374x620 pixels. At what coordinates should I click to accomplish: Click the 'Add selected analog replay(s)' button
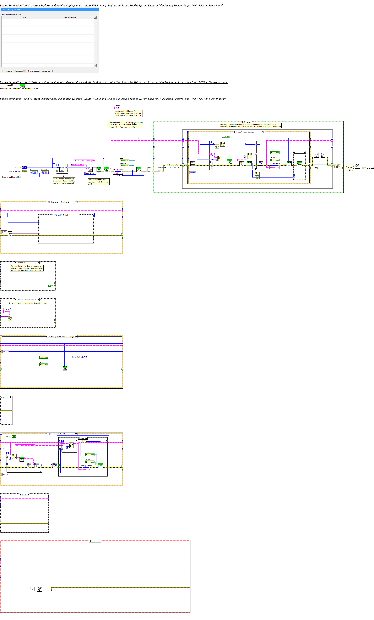pyautogui.click(x=14, y=71)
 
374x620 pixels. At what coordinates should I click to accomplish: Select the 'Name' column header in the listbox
pyautogui.click(x=24, y=17)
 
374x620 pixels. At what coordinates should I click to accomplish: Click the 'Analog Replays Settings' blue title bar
pyautogui.click(x=50, y=10)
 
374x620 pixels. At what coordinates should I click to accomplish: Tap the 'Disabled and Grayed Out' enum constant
pyautogui.click(x=12, y=177)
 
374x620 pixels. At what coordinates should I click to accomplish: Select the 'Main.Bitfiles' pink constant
pyautogui.click(x=78, y=164)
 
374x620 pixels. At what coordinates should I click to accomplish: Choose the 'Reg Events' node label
pyautogui.click(x=173, y=165)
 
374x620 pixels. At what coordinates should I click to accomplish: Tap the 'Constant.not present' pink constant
pyautogui.click(x=25, y=446)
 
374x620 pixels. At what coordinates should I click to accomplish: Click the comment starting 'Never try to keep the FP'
pyautogui.click(x=251, y=126)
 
